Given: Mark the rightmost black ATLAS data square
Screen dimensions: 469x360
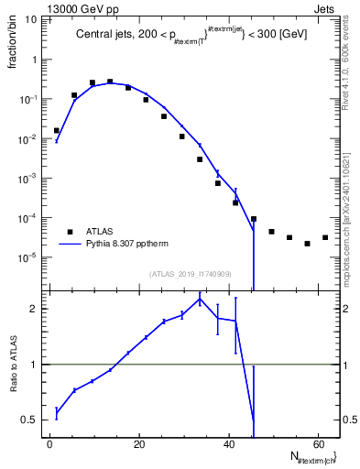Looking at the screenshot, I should (x=324, y=238).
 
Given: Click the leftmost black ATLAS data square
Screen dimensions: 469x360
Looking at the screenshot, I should (x=57, y=131).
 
